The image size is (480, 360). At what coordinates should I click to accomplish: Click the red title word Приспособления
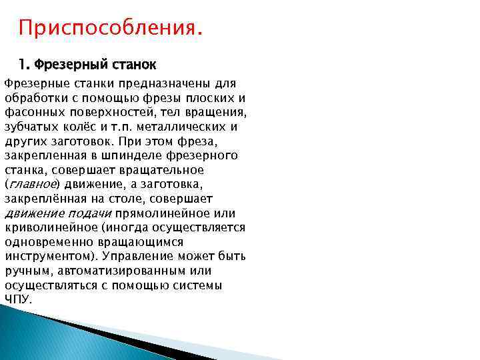[108, 29]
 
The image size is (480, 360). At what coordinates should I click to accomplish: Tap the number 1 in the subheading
[22, 65]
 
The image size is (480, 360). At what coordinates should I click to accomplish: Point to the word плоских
[192, 98]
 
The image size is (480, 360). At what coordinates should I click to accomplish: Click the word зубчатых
[31, 127]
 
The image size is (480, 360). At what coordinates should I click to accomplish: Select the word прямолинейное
[170, 213]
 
